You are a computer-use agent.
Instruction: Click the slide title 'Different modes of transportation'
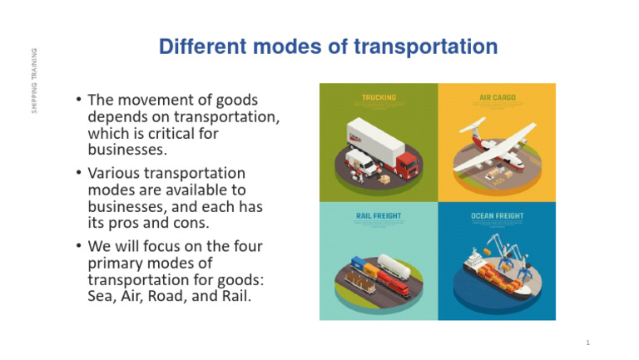click(x=328, y=47)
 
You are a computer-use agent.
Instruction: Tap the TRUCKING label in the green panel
click(x=379, y=97)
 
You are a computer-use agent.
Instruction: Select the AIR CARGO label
click(x=497, y=97)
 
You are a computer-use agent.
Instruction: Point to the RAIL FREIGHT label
click(x=379, y=216)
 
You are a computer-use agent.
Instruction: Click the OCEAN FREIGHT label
click(x=497, y=216)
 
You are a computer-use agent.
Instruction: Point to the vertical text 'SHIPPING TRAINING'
click(x=34, y=81)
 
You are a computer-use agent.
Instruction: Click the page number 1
click(x=587, y=343)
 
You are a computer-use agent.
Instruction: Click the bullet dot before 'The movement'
click(x=78, y=100)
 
